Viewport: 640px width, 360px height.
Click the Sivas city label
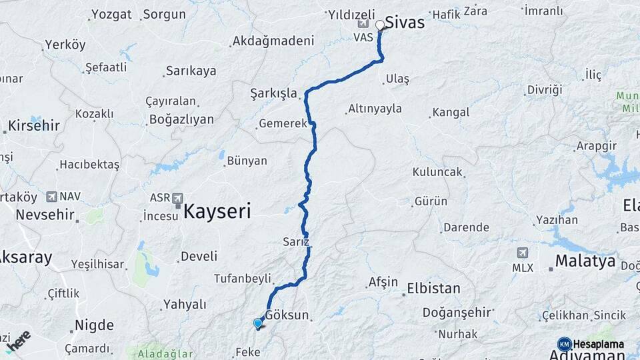pyautogui.click(x=405, y=23)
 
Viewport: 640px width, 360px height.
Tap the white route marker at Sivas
pyautogui.click(x=380, y=25)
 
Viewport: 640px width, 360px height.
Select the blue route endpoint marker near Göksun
pyautogui.click(x=258, y=324)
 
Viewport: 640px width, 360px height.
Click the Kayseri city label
pyautogui.click(x=217, y=212)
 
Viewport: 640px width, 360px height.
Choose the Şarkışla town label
pyautogui.click(x=273, y=93)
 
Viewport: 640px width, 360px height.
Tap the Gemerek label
pyautogui.click(x=283, y=123)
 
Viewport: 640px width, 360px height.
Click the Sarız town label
pyautogui.click(x=296, y=241)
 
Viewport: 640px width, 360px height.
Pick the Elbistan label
pyautogui.click(x=434, y=289)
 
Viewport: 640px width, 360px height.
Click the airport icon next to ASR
pyautogui.click(x=178, y=198)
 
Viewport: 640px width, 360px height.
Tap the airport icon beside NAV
pyautogui.click(x=51, y=197)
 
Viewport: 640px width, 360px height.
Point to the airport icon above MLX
pyautogui.click(x=523, y=253)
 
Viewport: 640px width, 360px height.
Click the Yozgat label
pyautogui.click(x=112, y=14)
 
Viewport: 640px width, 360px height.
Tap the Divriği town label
pyautogui.click(x=545, y=89)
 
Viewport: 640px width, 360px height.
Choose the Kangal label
pyautogui.click(x=451, y=112)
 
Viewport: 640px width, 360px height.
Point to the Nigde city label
pyautogui.click(x=94, y=325)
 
